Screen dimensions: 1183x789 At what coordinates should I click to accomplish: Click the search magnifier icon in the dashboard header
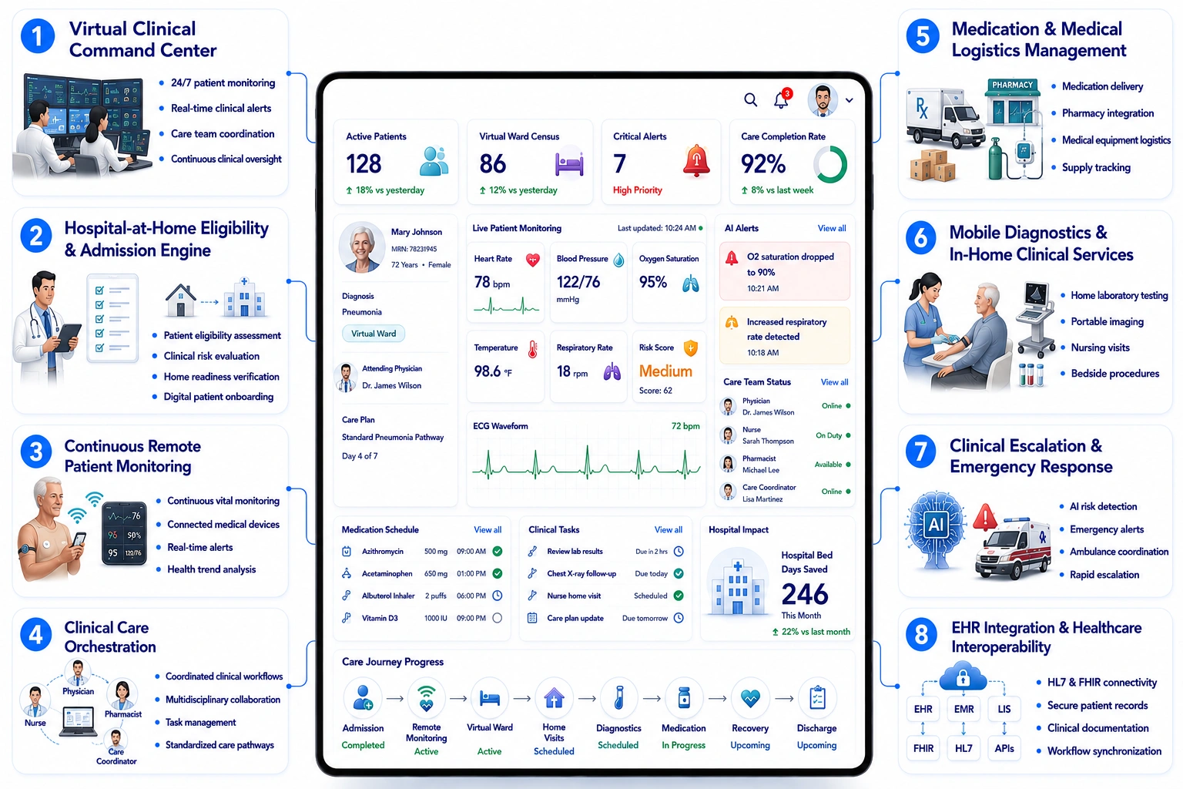(x=750, y=99)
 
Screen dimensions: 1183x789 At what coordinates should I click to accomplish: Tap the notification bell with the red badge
(x=783, y=99)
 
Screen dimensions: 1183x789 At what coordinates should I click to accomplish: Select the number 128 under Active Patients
(x=364, y=164)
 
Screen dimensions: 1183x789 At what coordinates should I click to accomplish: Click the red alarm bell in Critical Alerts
(x=696, y=161)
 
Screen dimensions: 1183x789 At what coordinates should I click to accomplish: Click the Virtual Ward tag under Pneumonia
(x=374, y=334)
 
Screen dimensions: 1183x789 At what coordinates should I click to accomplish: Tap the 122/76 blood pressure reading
(x=578, y=282)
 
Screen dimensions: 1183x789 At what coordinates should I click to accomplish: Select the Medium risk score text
(x=665, y=371)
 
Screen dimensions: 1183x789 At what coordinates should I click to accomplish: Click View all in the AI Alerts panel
(x=832, y=228)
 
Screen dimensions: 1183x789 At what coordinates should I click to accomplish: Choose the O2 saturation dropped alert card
(x=784, y=272)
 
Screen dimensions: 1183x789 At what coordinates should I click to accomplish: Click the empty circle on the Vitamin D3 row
(x=497, y=618)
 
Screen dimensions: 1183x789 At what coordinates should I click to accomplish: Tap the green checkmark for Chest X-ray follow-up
(x=679, y=573)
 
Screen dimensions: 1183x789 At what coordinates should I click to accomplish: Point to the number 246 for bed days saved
(x=805, y=594)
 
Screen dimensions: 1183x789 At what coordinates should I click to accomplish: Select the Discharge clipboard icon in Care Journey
(x=817, y=698)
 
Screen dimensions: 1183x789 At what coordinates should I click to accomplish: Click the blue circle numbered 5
(x=923, y=36)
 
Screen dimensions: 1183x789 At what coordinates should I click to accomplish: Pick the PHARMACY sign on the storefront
(x=1013, y=85)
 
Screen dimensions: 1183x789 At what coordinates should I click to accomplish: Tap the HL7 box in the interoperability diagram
(x=963, y=748)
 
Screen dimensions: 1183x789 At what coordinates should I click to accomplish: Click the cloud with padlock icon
(x=963, y=676)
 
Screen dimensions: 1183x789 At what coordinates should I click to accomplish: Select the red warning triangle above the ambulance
(x=984, y=517)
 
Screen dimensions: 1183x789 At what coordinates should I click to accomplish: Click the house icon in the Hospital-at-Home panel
(x=181, y=300)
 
